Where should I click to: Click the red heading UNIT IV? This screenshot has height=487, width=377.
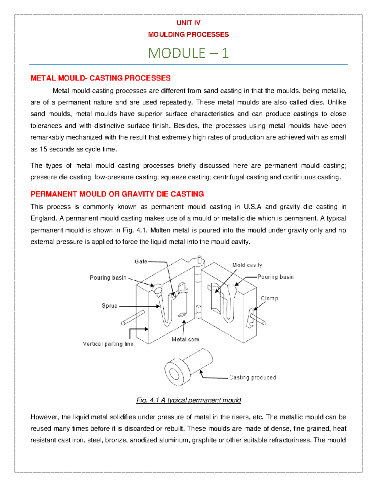(x=188, y=23)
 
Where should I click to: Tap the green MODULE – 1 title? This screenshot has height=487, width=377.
(x=188, y=53)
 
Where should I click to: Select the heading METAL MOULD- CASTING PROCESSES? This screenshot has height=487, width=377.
(x=101, y=78)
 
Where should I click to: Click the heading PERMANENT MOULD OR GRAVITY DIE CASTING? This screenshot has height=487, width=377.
(x=117, y=194)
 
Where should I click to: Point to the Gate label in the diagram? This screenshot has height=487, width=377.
(x=141, y=262)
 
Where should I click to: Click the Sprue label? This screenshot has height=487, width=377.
(x=109, y=306)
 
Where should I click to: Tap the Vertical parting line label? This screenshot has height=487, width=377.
(x=108, y=344)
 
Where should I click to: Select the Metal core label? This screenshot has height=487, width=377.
(x=185, y=339)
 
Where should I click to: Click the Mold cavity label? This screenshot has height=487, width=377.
(x=247, y=265)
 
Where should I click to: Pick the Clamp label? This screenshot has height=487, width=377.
(x=269, y=299)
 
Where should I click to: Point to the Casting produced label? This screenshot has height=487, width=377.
(x=253, y=378)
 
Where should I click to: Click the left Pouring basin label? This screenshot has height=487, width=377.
(x=108, y=278)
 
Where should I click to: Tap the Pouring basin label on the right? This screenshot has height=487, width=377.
(x=275, y=277)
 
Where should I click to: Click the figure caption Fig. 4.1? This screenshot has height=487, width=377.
(x=188, y=400)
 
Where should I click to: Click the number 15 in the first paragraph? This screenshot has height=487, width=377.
(x=43, y=150)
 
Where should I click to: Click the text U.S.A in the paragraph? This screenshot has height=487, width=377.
(x=252, y=207)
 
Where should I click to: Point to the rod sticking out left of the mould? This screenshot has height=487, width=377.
(x=133, y=318)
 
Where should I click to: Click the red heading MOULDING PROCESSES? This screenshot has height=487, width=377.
(x=188, y=34)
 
